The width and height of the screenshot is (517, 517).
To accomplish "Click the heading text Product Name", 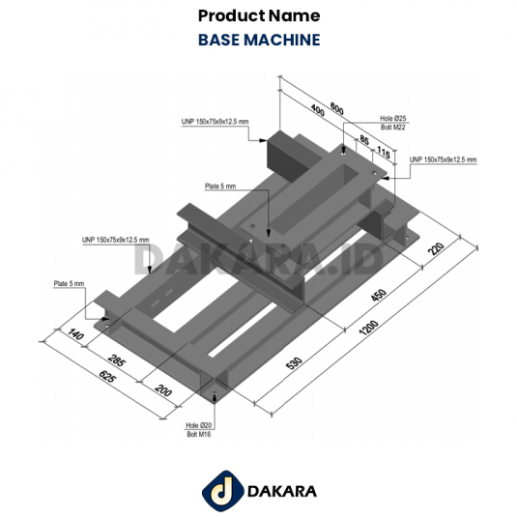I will (x=258, y=16).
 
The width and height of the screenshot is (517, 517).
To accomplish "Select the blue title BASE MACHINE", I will (x=258, y=41).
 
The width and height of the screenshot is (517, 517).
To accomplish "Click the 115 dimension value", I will (x=383, y=152).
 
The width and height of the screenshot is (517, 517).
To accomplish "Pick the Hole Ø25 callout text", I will (x=393, y=118).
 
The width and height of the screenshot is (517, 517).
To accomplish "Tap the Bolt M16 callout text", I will (x=198, y=435).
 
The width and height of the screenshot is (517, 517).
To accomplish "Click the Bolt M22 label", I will (x=393, y=127).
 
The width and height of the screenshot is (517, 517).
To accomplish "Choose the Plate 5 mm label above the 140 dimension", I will (x=70, y=284).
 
